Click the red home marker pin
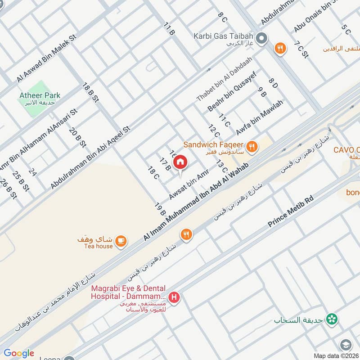tap(180, 162)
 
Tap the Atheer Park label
tap(40, 95)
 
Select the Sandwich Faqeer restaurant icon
tap(252, 145)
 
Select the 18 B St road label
tap(90, 94)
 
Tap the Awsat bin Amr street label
tap(189, 187)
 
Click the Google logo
tap(19, 353)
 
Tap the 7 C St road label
tap(301, 49)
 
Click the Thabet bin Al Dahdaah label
tap(224, 79)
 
